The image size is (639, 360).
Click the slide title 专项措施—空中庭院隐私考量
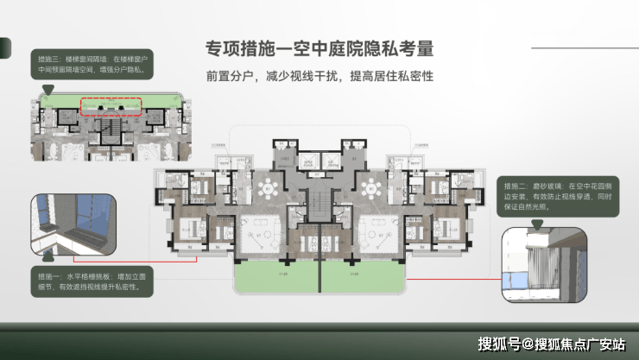point(319,48)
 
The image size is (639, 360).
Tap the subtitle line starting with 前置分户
point(319,75)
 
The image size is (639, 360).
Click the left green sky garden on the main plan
point(276,276)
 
